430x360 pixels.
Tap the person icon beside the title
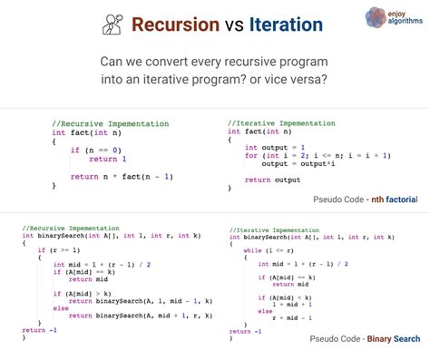[x=113, y=24]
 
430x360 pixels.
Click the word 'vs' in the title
[x=232, y=25]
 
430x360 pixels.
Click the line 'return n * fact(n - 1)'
[x=122, y=176]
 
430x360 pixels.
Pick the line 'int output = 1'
[x=276, y=146]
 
